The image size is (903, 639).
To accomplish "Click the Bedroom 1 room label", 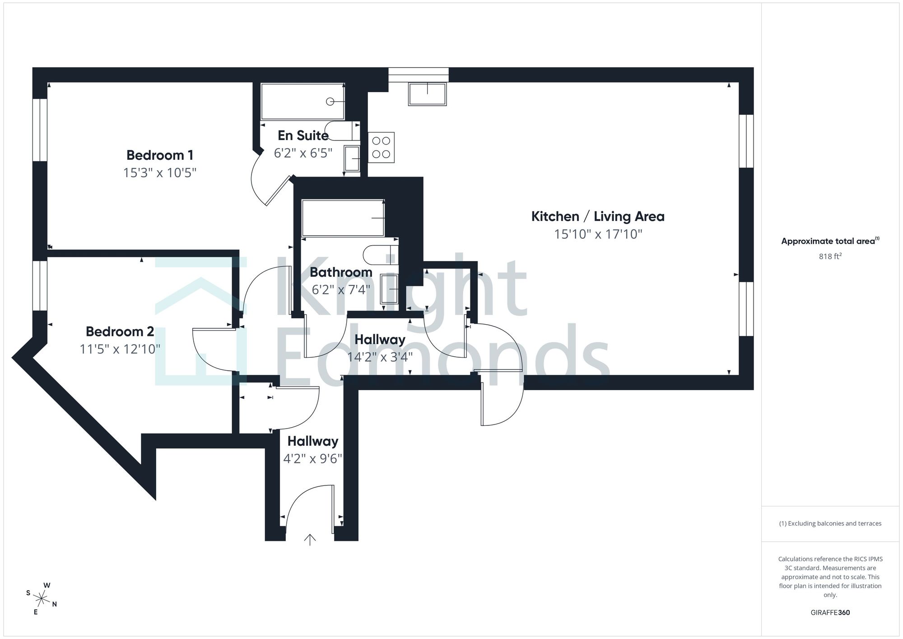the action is [x=160, y=155].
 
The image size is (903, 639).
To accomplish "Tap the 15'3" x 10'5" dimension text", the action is [x=160, y=173].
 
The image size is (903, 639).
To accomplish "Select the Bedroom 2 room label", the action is [x=120, y=331].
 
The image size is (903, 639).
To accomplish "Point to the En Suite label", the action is [x=303, y=135].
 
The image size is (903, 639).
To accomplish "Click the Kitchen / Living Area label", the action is [x=598, y=216].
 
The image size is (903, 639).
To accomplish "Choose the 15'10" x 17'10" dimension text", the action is [x=598, y=234].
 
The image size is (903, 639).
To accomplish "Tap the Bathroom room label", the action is [x=341, y=272].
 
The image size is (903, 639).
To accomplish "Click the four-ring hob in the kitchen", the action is [x=381, y=148].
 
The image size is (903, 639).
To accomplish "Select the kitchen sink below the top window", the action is [x=427, y=94].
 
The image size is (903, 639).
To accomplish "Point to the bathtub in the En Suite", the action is [x=303, y=101].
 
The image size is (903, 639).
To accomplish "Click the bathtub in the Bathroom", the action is [x=343, y=218].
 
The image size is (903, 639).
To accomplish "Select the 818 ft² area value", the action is [x=830, y=256].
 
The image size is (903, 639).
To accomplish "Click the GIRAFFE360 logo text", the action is [x=830, y=613].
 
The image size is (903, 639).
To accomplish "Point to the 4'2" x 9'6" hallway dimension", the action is [x=312, y=459].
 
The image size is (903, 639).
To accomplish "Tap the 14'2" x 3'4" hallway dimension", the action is [x=380, y=357].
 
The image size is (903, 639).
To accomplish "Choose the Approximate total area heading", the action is [x=830, y=241].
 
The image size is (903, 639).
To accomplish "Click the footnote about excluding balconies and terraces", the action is [x=830, y=523].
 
